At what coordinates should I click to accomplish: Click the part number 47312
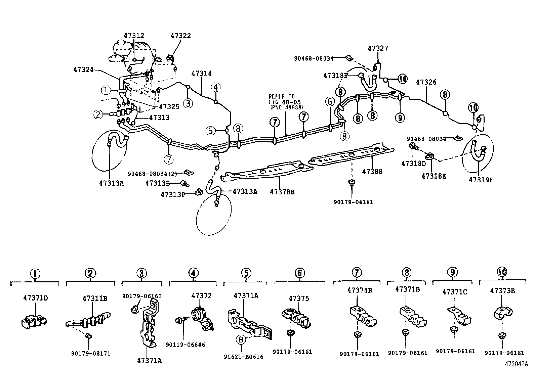(134, 36)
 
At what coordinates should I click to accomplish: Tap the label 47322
(180, 36)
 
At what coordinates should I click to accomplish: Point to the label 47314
(201, 73)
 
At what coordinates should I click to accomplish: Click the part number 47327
(378, 48)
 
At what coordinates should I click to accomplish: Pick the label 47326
(426, 82)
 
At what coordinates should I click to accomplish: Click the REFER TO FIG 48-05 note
(285, 102)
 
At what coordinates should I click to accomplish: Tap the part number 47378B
(282, 192)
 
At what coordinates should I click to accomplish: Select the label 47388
(372, 172)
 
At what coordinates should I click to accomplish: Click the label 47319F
(481, 180)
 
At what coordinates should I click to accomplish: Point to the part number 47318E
(434, 176)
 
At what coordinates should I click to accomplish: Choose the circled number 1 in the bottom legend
(35, 273)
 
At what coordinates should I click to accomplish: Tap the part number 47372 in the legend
(202, 295)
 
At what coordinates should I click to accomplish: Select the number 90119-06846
(185, 345)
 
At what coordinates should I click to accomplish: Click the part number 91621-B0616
(244, 357)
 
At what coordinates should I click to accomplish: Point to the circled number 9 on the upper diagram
(400, 118)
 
